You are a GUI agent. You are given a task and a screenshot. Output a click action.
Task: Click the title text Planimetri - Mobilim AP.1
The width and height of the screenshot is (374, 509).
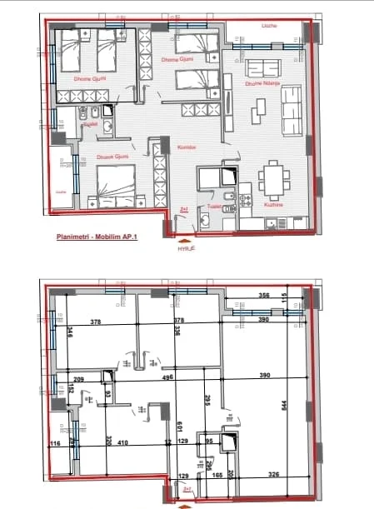click(x=96, y=237)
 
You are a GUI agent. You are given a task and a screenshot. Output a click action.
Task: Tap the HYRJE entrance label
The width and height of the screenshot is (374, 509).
click(x=184, y=247)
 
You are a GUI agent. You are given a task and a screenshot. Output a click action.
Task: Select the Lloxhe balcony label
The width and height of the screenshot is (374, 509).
click(x=268, y=26)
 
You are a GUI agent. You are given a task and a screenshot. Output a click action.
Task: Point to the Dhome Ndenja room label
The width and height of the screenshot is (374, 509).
click(x=260, y=82)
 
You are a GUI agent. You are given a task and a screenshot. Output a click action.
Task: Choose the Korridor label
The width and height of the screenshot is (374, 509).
click(x=186, y=147)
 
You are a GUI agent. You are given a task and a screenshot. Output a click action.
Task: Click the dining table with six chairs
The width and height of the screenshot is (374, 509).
click(x=273, y=177)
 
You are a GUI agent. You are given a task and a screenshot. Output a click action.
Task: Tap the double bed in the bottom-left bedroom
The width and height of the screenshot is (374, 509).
click(x=115, y=184)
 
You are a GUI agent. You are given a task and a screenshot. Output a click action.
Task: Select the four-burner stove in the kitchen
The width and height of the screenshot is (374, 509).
click(x=245, y=201)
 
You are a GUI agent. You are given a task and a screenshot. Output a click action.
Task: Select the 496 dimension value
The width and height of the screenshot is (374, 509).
click(x=167, y=377)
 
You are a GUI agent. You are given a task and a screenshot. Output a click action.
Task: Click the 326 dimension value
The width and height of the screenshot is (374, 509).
click(x=273, y=475)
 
